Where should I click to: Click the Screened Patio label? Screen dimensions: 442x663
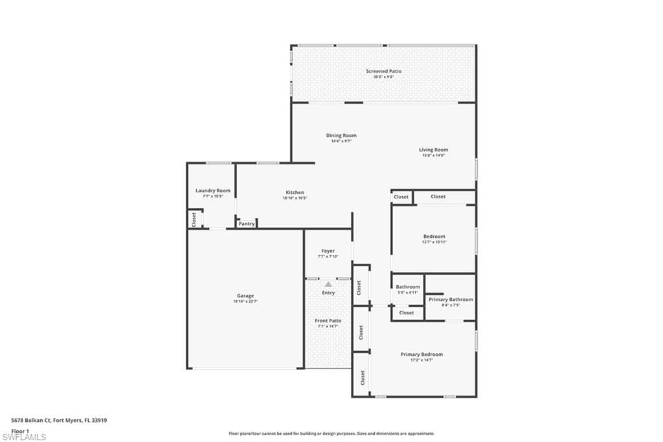pos(383,71)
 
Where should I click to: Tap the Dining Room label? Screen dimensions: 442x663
pos(341,135)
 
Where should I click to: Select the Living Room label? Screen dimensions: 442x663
pos(433,150)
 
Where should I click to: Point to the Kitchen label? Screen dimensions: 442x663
pos(295,192)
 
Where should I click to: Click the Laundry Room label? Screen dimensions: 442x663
pos(212,191)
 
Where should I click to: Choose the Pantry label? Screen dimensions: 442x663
pos(246,224)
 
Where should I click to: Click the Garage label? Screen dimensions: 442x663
pos(245,296)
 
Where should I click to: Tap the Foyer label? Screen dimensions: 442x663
pos(328,251)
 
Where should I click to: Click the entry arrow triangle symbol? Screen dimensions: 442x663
pos(328,284)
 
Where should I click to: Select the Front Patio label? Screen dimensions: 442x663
pos(328,321)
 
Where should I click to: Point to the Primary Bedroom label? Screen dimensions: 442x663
pos(421,355)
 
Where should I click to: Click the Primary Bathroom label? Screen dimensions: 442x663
pos(451,299)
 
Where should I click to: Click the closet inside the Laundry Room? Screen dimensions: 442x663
pos(194,219)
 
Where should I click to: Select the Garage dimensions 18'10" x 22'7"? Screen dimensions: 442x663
pos(245,301)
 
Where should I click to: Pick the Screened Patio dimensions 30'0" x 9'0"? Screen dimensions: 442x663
pos(383,77)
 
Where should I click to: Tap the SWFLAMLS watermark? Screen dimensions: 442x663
pos(24,437)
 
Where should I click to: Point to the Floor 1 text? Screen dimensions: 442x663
pos(21,430)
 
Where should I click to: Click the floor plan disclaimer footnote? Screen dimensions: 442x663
pos(331,434)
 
